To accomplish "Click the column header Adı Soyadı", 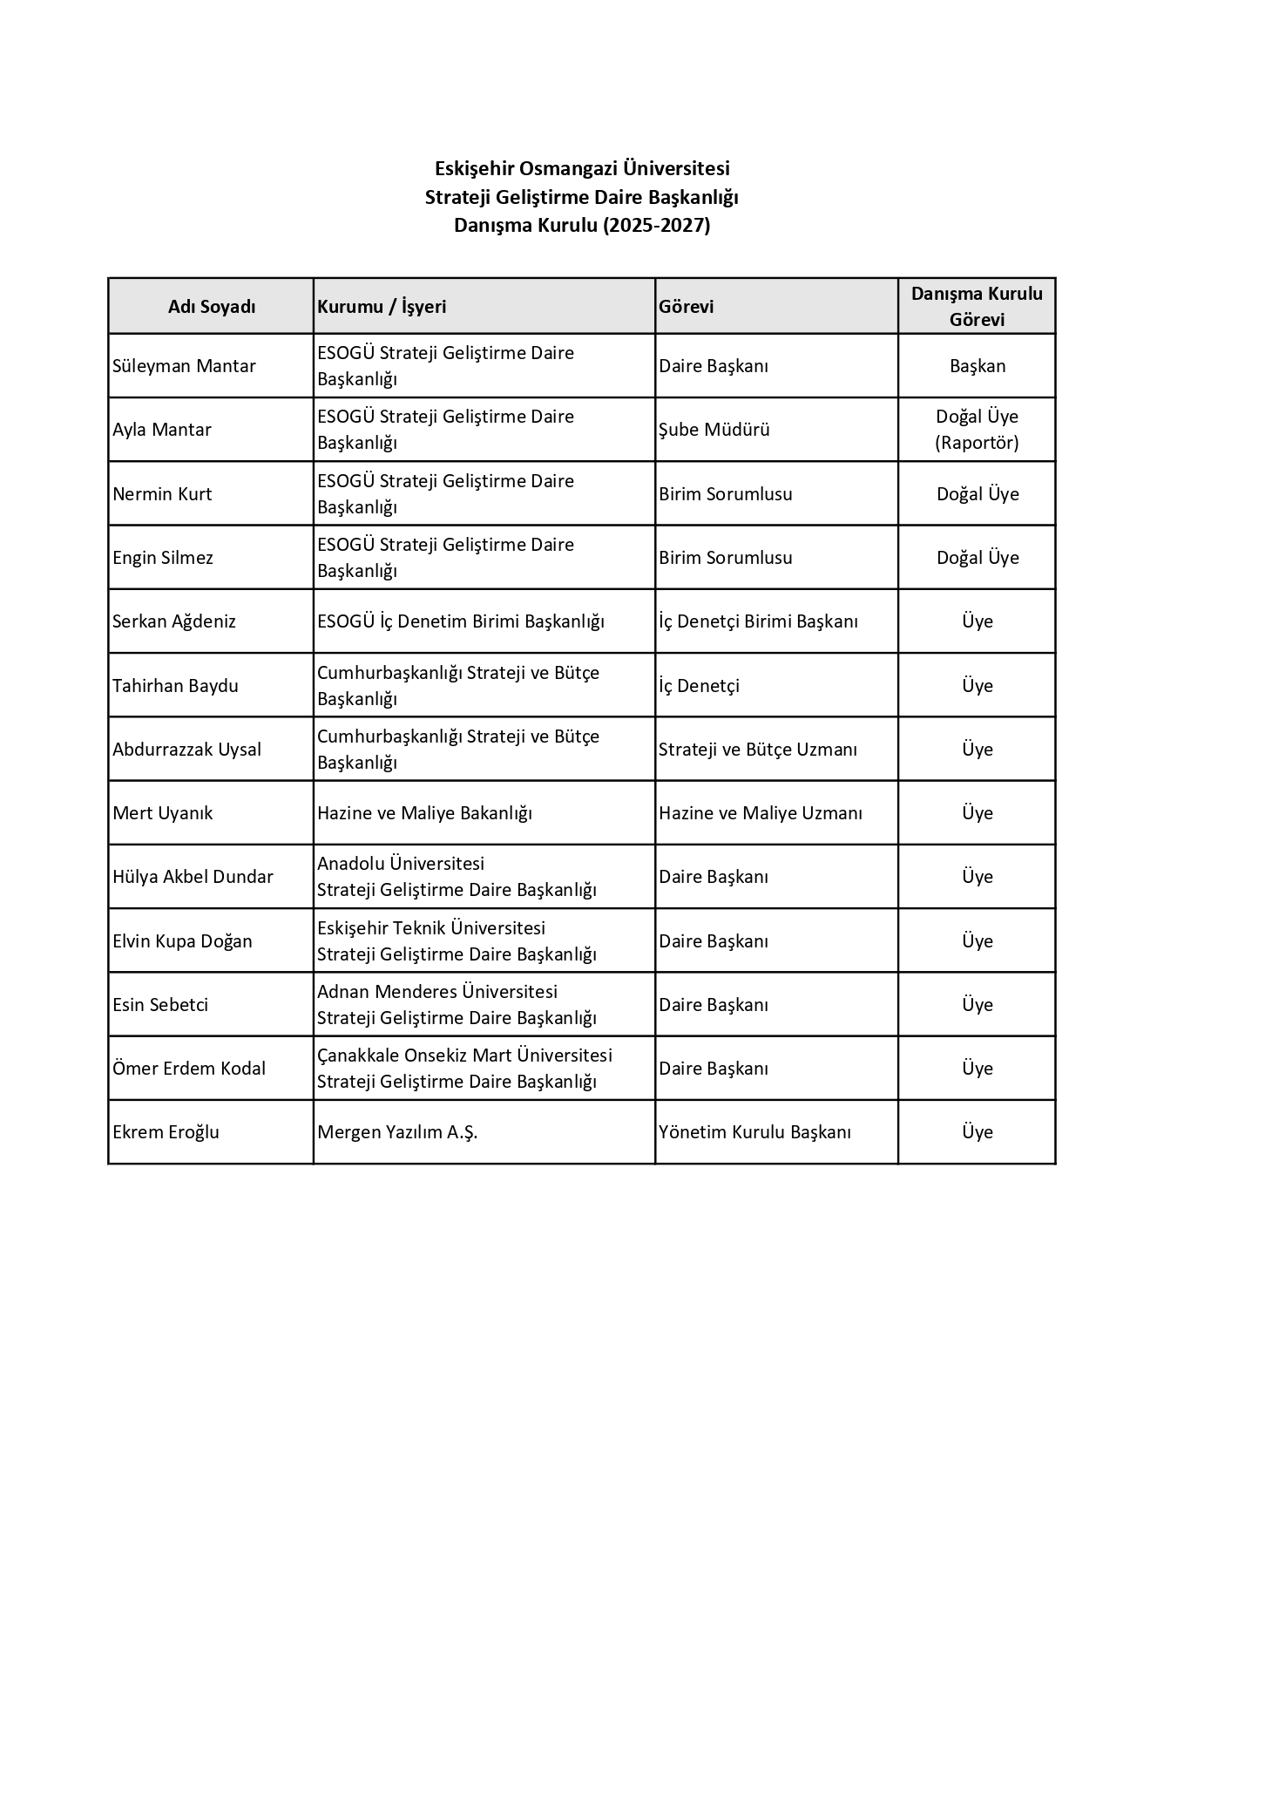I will [x=212, y=307].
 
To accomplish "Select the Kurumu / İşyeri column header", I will [x=382, y=307].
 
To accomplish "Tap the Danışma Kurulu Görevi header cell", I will [x=977, y=307].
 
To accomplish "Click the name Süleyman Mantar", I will [x=184, y=366].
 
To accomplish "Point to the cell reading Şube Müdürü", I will [x=714, y=430].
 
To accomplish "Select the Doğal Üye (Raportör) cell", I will [x=977, y=430].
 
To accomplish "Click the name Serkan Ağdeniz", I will [x=174, y=621].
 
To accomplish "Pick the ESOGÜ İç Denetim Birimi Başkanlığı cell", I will [x=460, y=621].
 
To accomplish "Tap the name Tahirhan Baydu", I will [x=175, y=686].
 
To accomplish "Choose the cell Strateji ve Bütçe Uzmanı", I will [x=758, y=750].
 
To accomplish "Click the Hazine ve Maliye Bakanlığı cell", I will [x=424, y=813].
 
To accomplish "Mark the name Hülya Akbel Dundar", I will [x=193, y=877].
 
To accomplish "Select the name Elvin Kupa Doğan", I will [x=182, y=941].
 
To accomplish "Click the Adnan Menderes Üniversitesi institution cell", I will [x=457, y=1005].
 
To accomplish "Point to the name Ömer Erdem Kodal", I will [x=189, y=1069].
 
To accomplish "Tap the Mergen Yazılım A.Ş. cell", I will [x=397, y=1132].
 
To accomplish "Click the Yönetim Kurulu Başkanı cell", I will [x=754, y=1132].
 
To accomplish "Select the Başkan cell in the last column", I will [x=978, y=366].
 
